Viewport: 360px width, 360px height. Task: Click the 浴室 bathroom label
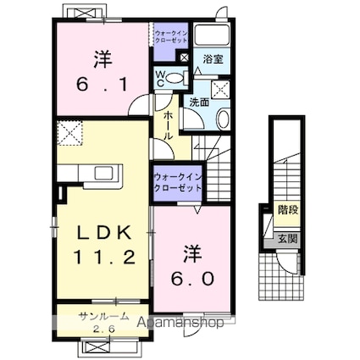point(213,59)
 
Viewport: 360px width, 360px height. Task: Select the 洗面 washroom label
point(199,102)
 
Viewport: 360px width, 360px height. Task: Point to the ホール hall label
point(168,125)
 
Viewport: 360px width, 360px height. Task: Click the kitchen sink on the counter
point(103,173)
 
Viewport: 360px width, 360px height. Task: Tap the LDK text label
point(104,232)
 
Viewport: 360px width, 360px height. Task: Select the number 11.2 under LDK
point(104,258)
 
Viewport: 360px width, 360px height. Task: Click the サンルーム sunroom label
point(104,317)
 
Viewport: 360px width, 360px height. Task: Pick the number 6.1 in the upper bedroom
point(102,84)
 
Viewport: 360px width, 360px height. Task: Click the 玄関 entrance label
point(287,239)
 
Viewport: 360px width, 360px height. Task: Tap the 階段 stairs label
point(288,210)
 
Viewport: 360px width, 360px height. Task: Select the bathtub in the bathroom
point(213,35)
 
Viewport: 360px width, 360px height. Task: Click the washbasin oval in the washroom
point(224,119)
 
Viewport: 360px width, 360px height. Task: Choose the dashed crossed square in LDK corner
point(69,133)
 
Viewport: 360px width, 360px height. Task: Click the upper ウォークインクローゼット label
point(171,36)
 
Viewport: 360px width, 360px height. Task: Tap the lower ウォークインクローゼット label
point(178,182)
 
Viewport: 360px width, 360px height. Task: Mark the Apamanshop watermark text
point(180,322)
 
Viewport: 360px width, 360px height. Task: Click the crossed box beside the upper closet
point(184,58)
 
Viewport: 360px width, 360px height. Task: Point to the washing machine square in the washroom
point(220,89)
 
